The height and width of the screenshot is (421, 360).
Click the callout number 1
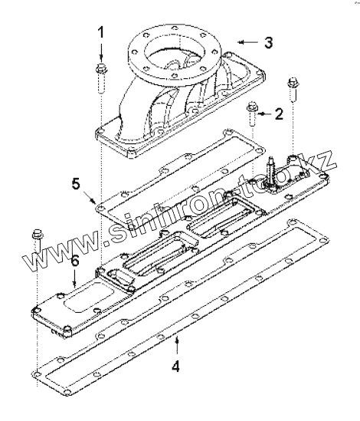[100, 32]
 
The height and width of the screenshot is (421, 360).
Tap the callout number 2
[279, 113]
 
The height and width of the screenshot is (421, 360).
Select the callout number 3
[269, 42]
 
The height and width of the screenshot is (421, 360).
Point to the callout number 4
[175, 366]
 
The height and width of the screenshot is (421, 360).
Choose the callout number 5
[76, 184]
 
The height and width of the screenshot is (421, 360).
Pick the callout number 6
[75, 261]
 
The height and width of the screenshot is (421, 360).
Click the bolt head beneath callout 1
[101, 68]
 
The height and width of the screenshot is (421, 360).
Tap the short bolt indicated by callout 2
[252, 113]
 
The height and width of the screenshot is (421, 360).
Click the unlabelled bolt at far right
[293, 90]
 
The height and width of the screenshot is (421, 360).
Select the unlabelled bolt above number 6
[37, 240]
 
